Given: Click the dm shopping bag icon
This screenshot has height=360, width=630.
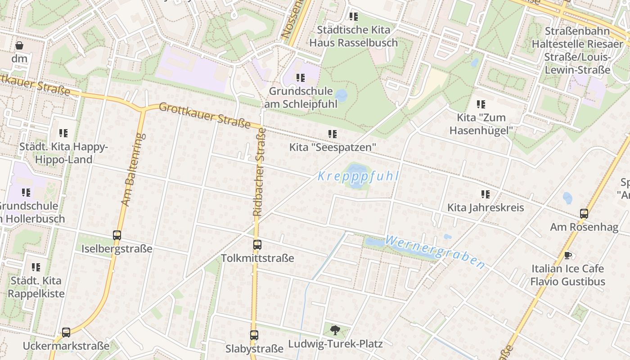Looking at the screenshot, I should pos(19,45).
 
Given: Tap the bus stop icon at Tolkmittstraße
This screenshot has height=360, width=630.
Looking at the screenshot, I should pos(257,245).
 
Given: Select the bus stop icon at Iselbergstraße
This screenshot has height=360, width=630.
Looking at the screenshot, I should pos(117,235).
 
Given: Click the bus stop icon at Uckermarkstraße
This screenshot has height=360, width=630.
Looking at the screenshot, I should pos(66,333).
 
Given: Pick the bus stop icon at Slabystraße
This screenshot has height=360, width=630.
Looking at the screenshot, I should pos(254,335).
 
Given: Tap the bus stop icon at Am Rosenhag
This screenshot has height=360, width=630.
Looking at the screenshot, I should pos(584,214).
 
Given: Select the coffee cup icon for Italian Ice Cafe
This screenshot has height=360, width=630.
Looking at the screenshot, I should pos(568,255).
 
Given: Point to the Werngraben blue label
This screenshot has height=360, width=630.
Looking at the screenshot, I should pos(435,252).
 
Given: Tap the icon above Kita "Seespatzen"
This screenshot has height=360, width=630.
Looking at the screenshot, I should pos(333,134).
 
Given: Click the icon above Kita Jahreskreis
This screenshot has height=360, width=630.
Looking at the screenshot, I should pos(485,194).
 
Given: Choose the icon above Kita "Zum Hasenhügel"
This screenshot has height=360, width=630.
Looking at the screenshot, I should pos(481,104).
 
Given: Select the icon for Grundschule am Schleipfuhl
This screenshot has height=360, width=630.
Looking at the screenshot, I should pos(301,78).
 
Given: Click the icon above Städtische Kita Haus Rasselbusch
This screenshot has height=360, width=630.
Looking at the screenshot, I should pos(354,17).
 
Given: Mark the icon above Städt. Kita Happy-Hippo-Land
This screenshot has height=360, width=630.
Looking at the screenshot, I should pos(63,133).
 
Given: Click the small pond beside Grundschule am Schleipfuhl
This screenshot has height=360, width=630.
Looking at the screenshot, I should pos(342,95).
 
